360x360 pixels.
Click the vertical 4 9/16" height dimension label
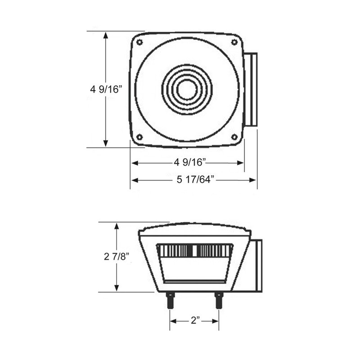tap(106, 89)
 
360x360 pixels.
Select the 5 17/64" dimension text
tap(195, 180)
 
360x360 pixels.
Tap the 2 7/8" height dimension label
tap(116, 256)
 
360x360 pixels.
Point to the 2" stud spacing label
tap(195, 320)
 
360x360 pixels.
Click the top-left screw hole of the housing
tap(139, 42)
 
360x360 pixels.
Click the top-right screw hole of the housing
tap(234, 42)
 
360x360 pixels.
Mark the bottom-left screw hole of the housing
tap(139, 137)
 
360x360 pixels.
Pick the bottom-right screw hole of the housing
tap(234, 137)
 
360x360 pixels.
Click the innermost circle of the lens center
tap(186, 89)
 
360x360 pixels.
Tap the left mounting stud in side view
tap(171, 300)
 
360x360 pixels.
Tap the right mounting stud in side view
tap(219, 300)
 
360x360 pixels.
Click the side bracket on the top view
tap(250, 90)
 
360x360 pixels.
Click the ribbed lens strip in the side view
tap(194, 250)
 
